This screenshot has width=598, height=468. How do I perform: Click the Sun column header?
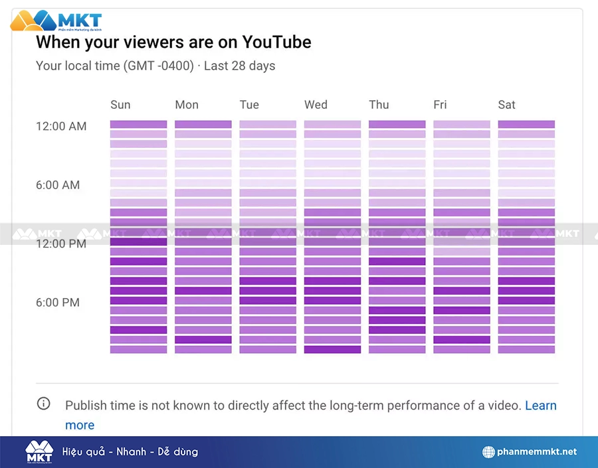point(120,105)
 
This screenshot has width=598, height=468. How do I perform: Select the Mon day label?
point(187,105)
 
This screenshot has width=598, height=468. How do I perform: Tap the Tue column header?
point(249,105)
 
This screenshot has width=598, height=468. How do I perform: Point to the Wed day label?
point(316,105)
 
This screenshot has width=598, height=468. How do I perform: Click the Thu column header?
point(379,105)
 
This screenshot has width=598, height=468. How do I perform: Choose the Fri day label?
point(440,105)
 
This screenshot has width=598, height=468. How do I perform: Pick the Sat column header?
point(506,105)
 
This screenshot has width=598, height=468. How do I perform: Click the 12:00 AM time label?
point(61,126)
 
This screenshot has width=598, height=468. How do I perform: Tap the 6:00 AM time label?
point(58,185)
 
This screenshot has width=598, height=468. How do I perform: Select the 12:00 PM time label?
point(61,244)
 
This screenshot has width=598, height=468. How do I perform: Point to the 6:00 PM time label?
point(58,303)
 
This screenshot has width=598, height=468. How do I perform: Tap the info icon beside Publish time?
point(43,404)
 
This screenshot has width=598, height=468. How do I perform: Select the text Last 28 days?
point(239,66)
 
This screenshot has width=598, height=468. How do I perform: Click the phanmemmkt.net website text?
point(537,452)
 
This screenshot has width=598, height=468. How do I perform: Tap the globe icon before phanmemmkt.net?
point(489,452)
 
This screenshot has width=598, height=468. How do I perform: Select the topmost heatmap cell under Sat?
point(526,124)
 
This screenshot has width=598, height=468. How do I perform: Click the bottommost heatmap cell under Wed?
point(332,349)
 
